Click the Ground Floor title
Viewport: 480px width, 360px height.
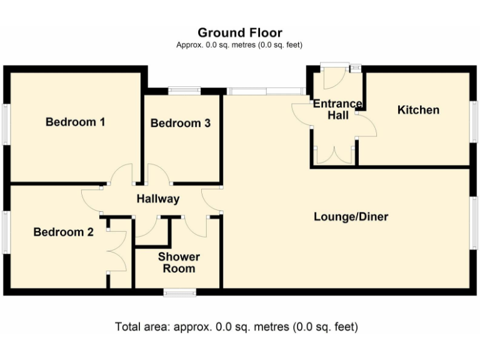240,32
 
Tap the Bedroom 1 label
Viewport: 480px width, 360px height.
75,122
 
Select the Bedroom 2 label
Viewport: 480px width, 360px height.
63,232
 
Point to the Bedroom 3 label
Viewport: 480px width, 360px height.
180,123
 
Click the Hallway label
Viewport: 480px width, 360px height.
158,199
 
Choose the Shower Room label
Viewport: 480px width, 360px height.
179,262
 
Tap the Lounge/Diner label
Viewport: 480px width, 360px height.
351,217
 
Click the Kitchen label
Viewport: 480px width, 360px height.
418,110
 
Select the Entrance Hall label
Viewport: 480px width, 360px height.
337,109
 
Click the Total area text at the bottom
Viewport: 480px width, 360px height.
236,327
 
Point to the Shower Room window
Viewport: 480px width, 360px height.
180,292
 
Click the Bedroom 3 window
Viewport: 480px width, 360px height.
184,91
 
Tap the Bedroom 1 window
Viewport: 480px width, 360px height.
6,124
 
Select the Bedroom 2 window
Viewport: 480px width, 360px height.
5,232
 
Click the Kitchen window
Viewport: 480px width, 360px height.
474,122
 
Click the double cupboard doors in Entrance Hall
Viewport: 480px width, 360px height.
334,155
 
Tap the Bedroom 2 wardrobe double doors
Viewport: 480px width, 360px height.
117,251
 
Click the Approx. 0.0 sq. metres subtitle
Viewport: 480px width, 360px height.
239,45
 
